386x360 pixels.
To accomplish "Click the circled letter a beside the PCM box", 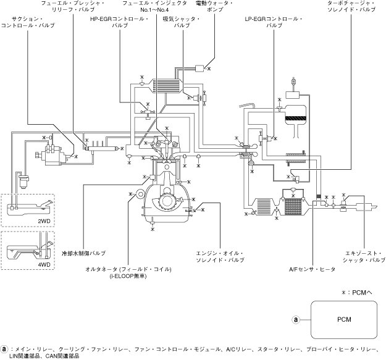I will tap(296, 320).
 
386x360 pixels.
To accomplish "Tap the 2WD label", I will tap(44, 219).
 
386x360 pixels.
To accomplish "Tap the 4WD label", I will tap(44, 264).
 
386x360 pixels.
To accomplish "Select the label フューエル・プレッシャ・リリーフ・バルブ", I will tap(76, 7).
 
